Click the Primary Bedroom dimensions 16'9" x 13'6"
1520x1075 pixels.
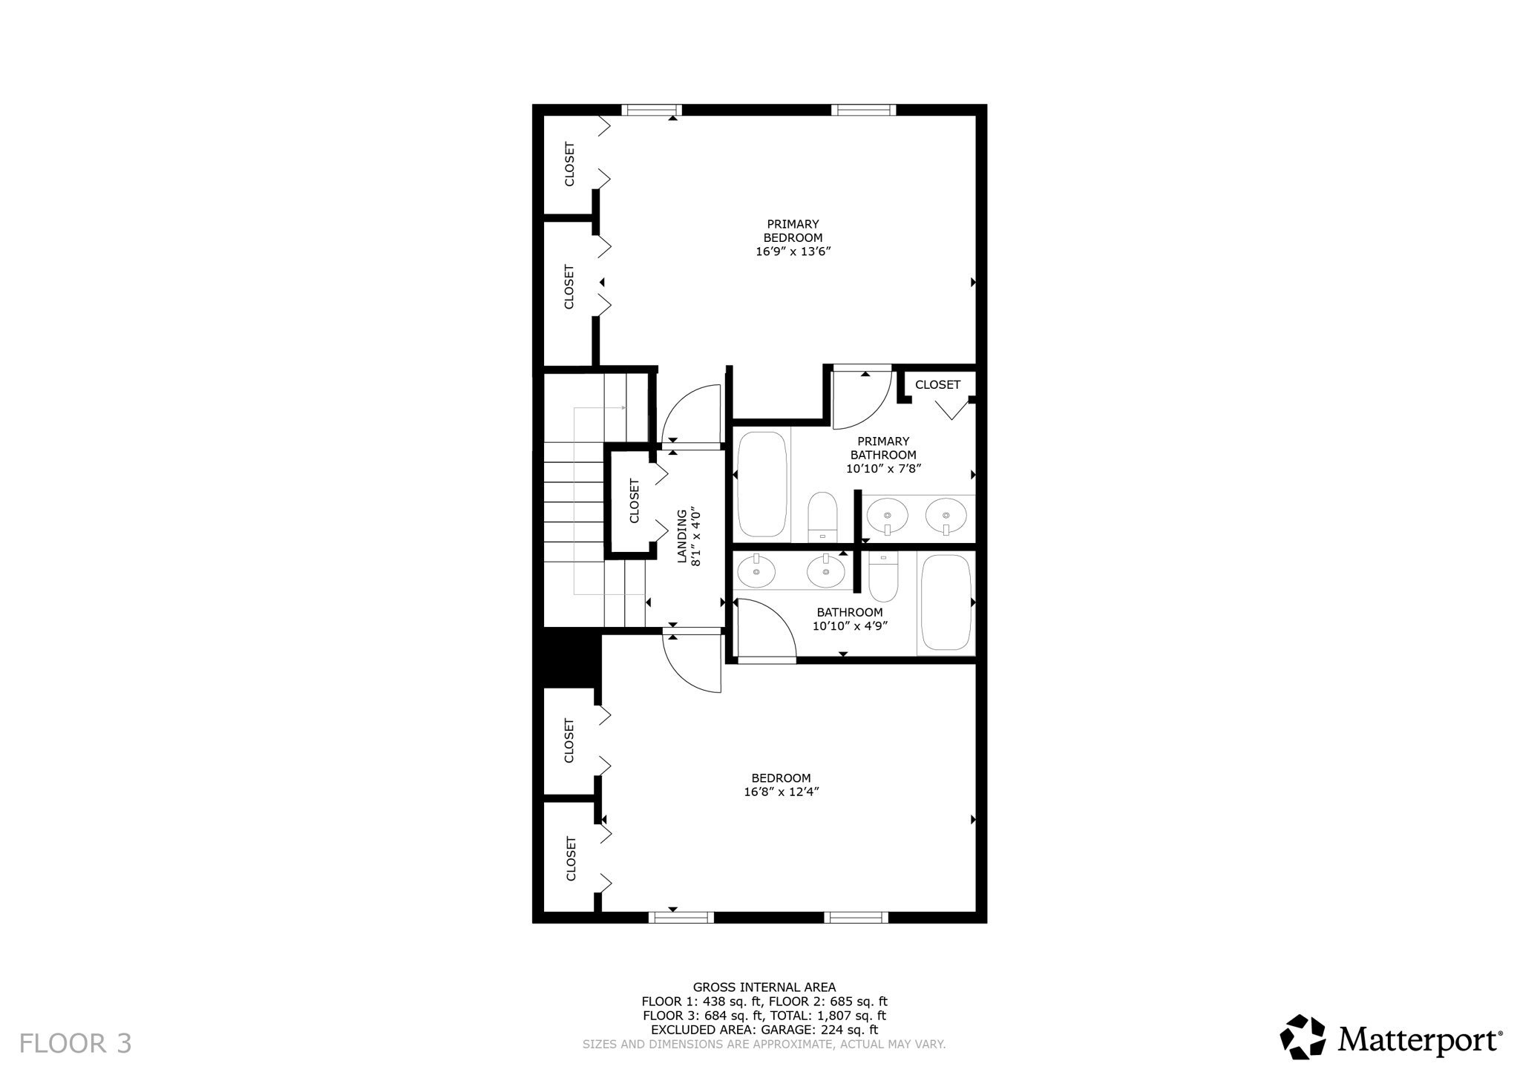coord(793,252)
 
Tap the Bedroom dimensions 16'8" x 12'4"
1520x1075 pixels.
coord(781,792)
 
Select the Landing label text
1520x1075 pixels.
coord(681,536)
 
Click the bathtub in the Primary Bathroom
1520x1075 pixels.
coord(761,484)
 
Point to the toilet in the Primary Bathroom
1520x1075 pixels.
coord(822,516)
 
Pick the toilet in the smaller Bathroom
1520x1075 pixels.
coord(883,577)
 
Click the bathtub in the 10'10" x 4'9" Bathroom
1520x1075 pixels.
coord(946,602)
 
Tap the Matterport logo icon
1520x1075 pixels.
coord(1303,1036)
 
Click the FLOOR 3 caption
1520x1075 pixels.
coord(75,1043)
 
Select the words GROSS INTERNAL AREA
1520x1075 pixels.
coord(764,987)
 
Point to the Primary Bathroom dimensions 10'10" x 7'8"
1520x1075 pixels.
coord(883,469)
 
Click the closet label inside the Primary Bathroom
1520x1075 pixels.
coord(937,384)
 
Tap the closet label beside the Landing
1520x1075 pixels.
coord(635,501)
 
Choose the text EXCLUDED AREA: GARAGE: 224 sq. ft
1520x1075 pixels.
coord(764,1030)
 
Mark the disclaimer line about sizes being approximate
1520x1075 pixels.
coord(764,1044)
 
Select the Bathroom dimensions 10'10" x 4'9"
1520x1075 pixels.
coord(850,625)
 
